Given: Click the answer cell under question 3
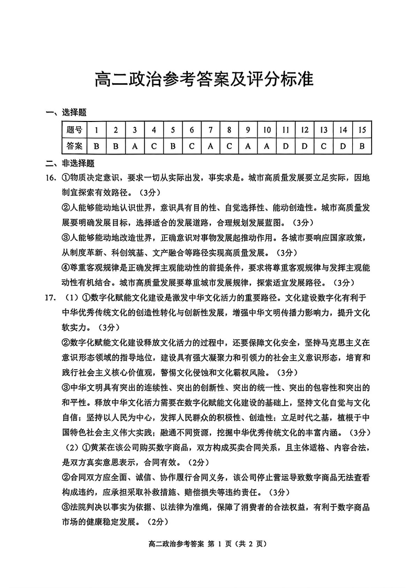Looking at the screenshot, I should (134, 146).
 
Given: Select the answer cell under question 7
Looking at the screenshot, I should (210, 146).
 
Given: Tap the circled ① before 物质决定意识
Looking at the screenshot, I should (66, 178).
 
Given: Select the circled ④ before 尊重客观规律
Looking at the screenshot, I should (66, 268).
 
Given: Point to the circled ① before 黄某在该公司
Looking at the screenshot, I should (87, 448).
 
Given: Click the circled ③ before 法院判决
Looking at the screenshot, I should (66, 507).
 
